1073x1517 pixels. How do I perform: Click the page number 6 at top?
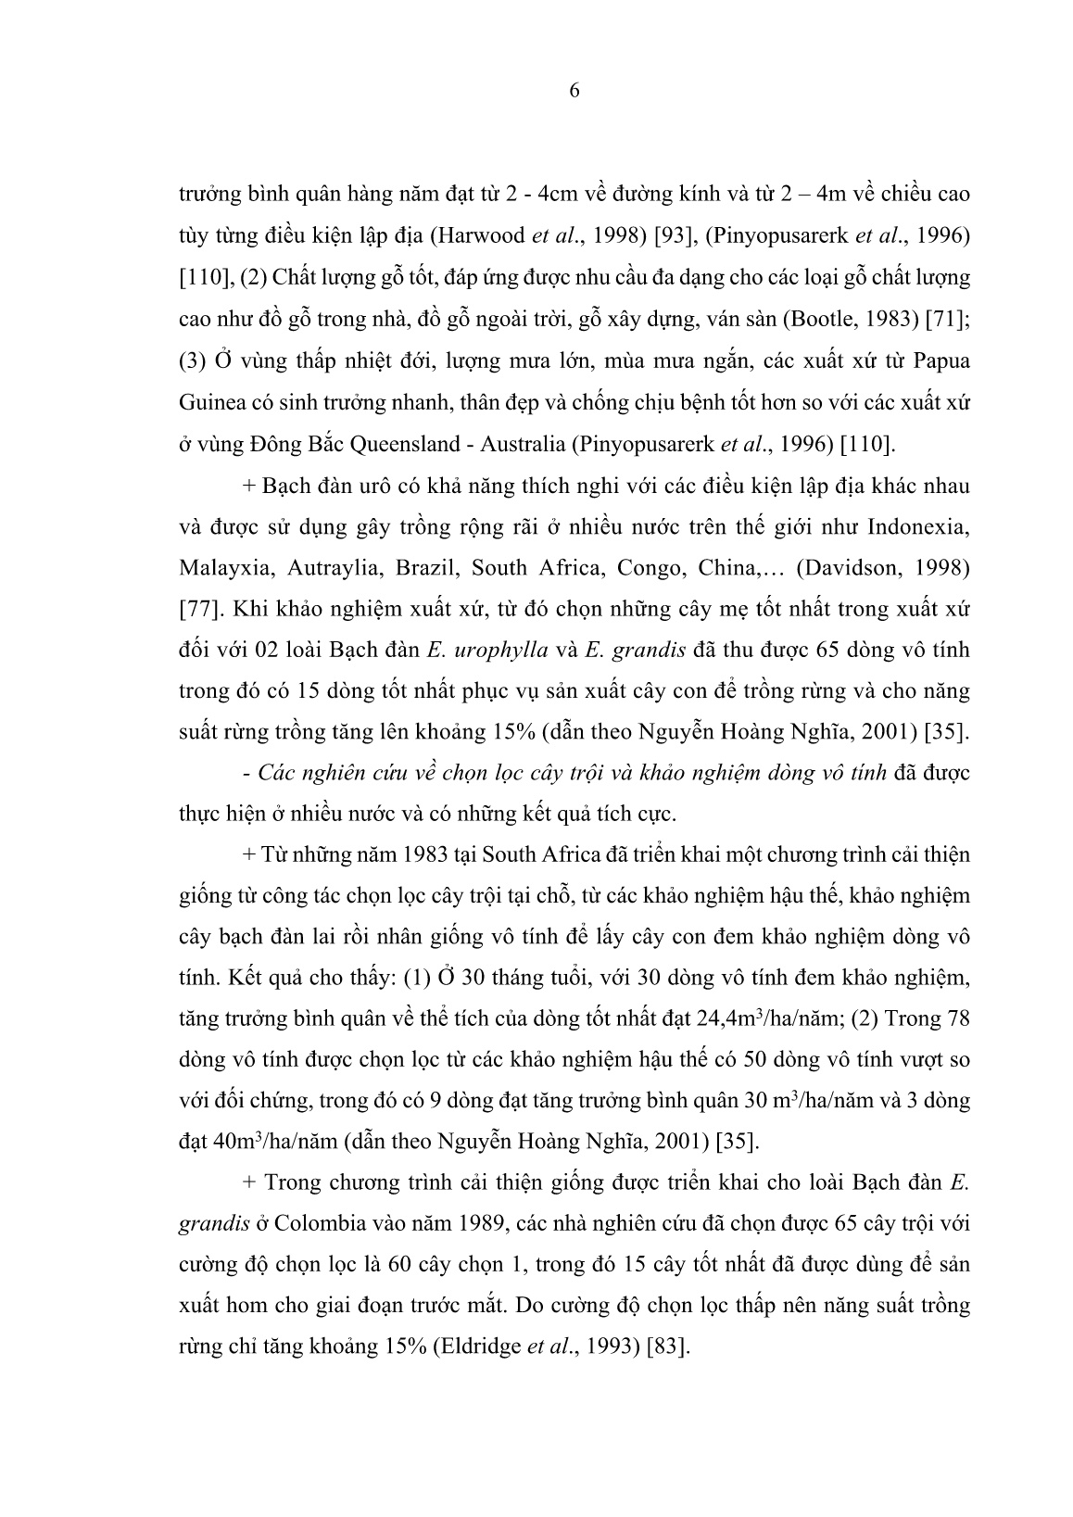[x=574, y=91]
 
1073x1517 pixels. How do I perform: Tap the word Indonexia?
[x=918, y=525]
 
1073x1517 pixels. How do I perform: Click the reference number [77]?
[x=199, y=608]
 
